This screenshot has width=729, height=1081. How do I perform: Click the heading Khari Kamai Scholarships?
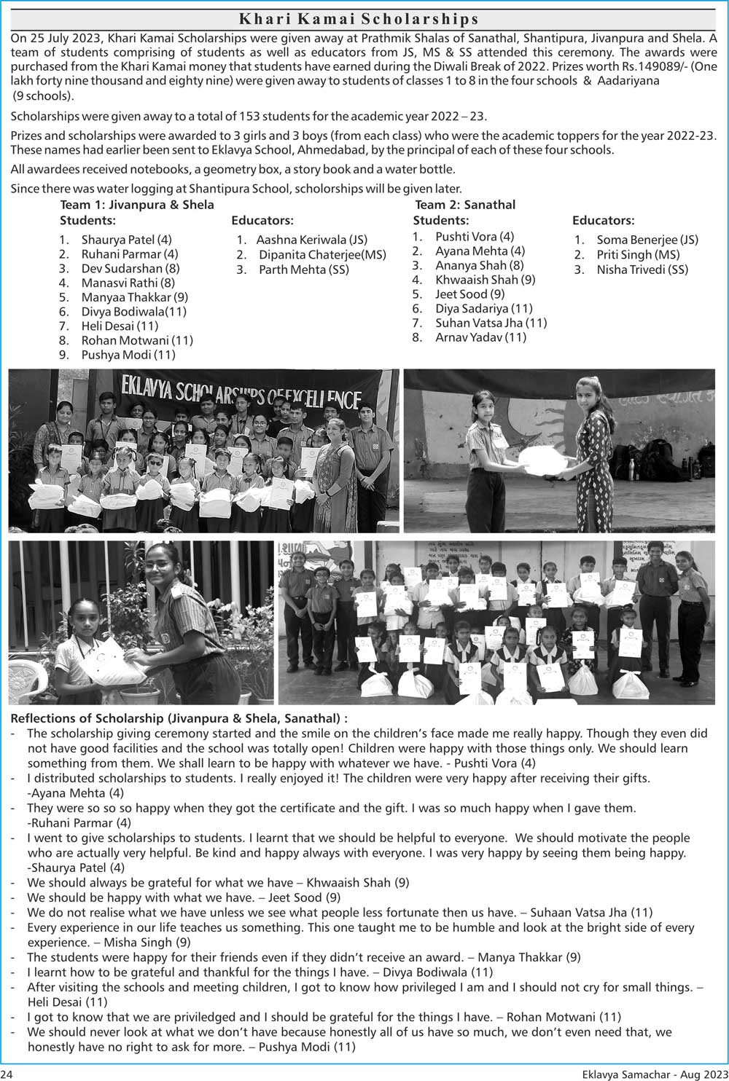pyautogui.click(x=359, y=19)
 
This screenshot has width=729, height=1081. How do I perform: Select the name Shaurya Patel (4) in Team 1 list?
pyautogui.click(x=126, y=240)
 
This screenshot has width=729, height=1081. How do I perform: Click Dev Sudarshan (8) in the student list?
pyautogui.click(x=130, y=268)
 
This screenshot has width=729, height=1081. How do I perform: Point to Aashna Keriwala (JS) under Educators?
pyautogui.click(x=311, y=240)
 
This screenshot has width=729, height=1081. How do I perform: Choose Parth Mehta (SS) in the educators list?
pyautogui.click(x=303, y=270)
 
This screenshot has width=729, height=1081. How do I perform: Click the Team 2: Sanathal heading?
pyautogui.click(x=465, y=205)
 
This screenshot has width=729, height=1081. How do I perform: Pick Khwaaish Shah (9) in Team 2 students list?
pyautogui.click(x=485, y=280)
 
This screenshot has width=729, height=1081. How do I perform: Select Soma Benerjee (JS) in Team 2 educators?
pyautogui.click(x=647, y=240)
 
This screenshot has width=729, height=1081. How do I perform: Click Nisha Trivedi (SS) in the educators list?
pyautogui.click(x=642, y=270)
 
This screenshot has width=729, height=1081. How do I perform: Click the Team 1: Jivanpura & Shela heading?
pyautogui.click(x=137, y=205)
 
